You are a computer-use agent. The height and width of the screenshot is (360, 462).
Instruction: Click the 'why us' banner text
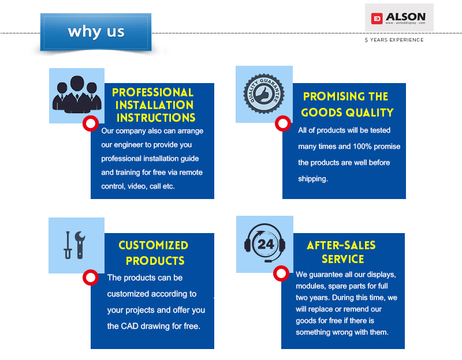[96, 32]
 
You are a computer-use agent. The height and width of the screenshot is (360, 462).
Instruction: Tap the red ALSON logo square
[377, 18]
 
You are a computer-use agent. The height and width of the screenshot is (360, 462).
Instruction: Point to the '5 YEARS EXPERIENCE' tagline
[394, 40]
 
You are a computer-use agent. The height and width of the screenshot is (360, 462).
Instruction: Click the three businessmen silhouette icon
[77, 95]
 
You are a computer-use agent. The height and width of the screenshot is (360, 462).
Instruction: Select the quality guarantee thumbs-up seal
[264, 94]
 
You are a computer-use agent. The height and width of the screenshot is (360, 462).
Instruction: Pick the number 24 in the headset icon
[266, 244]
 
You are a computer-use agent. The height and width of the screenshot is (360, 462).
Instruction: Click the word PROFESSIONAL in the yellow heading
[152, 92]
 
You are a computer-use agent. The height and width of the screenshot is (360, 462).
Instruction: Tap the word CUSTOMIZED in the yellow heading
[153, 245]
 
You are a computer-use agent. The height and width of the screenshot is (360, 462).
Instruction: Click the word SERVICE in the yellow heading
[342, 259]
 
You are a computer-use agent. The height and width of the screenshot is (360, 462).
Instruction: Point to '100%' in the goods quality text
[362, 147]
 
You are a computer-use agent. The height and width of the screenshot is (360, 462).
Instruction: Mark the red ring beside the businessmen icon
[91, 123]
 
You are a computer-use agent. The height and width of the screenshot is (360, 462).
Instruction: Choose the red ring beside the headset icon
[281, 273]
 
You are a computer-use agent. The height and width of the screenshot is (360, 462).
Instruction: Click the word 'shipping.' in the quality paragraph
[313, 179]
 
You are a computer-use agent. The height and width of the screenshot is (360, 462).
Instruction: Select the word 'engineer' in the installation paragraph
[128, 145]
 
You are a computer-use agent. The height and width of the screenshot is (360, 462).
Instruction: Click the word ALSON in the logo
[405, 17]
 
